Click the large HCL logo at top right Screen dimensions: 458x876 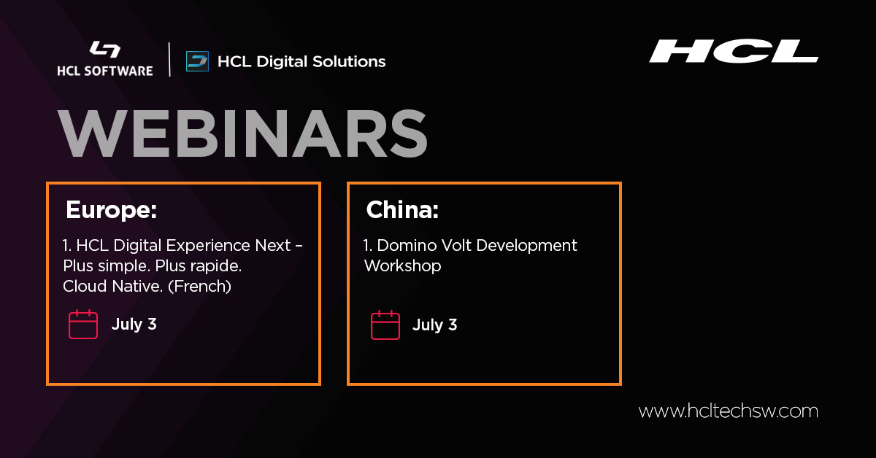734,51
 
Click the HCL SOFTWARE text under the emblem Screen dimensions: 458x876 105,71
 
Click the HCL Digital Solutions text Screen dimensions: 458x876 301,61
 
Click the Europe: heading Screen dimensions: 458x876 112,210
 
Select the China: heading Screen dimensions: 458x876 402,210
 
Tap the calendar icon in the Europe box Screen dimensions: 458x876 83,325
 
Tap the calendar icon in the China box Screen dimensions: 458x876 385,325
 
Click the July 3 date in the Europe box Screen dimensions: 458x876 134,325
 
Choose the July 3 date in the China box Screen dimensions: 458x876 434,325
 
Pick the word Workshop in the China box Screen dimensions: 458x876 402,266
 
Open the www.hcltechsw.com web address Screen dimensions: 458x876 728,411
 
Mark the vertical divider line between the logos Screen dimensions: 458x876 170,60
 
